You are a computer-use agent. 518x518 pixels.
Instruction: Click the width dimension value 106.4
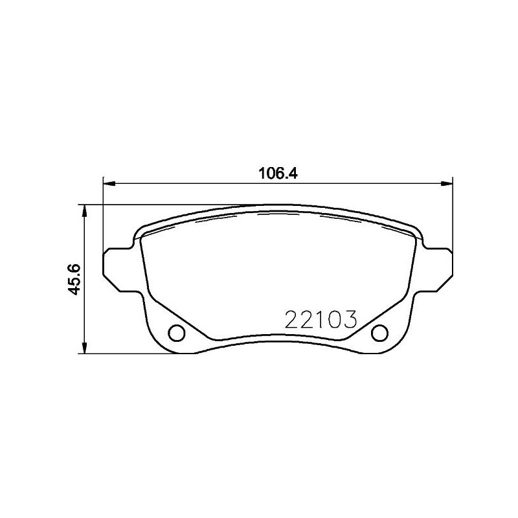coord(276,173)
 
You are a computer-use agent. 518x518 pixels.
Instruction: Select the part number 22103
coord(321,319)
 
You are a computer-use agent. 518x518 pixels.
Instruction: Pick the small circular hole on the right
coord(379,333)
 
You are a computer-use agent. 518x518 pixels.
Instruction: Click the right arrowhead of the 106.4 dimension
coord(446,185)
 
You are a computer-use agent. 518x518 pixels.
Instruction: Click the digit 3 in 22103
coord(351,319)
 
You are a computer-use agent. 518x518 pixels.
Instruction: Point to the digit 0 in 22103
coord(336,319)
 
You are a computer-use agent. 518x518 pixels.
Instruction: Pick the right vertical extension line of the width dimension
coord(453,214)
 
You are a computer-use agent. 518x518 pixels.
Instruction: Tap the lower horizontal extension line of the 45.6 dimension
coord(129,354)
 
